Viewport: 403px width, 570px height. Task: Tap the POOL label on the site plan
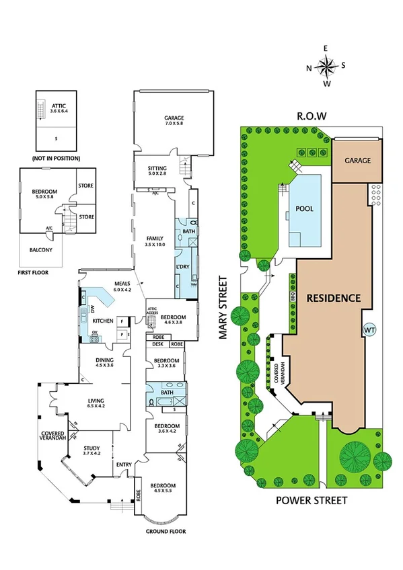305,208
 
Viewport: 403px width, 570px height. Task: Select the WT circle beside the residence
369,330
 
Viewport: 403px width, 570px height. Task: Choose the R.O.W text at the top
312,116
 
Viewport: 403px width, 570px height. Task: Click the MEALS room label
121,284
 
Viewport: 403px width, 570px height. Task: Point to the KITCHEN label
102,320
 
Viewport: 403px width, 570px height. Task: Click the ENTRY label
124,464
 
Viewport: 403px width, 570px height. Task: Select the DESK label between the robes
157,343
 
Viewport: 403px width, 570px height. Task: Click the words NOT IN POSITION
56,158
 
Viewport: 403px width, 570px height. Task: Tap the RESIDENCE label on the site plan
333,297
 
